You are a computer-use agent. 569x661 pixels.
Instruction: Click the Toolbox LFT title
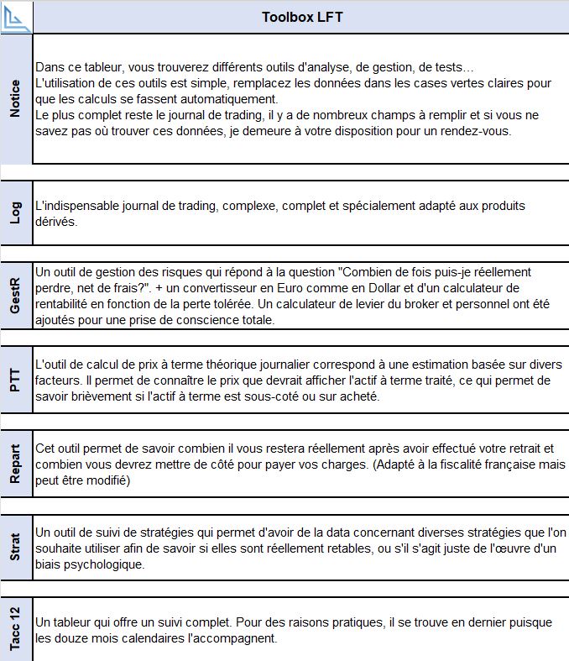tap(301, 17)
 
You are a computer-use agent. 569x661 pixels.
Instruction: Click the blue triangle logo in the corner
tap(16, 17)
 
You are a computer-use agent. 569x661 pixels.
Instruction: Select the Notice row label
tap(16, 98)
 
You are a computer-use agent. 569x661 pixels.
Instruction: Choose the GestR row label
tap(16, 296)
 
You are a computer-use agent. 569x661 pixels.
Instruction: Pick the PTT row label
tap(16, 379)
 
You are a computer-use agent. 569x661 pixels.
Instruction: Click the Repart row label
tap(16, 463)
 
